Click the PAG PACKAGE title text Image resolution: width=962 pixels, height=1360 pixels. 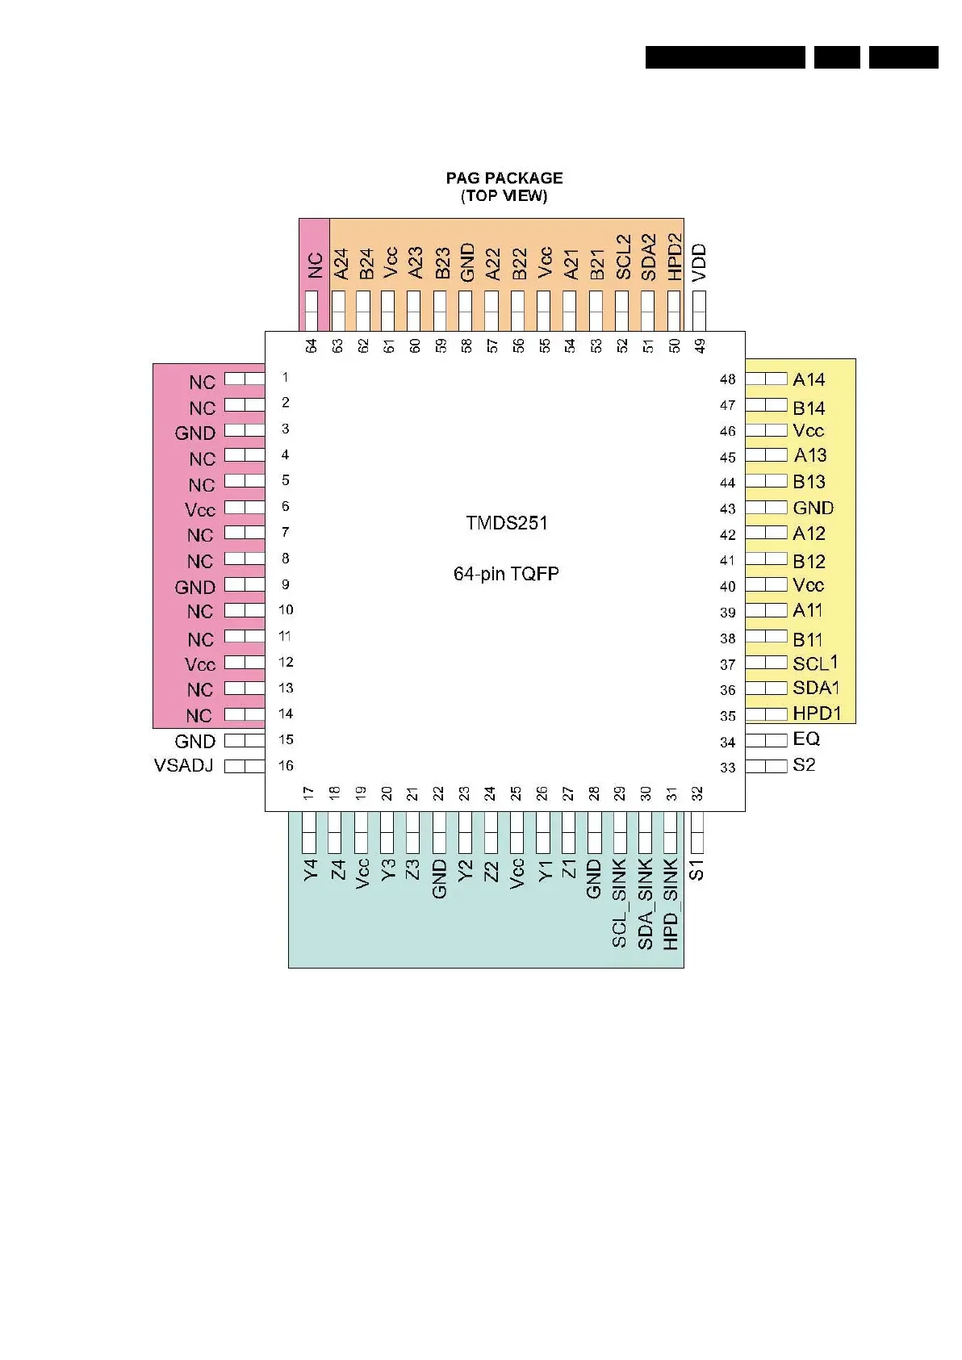tap(504, 178)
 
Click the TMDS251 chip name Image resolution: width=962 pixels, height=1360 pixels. tap(507, 523)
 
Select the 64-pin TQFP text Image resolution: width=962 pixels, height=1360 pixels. tap(506, 574)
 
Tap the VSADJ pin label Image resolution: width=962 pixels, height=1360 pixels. tap(184, 765)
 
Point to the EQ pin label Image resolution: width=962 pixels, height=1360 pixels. tap(806, 739)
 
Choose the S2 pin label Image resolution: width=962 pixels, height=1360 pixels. tap(804, 764)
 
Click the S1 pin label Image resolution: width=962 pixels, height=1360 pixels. tap(696, 870)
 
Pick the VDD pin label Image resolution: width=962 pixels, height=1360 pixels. tap(700, 262)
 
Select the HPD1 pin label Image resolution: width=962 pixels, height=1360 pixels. tap(817, 713)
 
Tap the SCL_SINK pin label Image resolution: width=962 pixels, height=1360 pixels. tap(619, 903)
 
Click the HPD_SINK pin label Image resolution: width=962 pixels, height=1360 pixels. tap(671, 904)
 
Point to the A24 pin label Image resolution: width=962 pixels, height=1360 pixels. tap(341, 264)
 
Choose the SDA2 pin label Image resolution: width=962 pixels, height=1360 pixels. tap(648, 257)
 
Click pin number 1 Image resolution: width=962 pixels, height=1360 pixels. tap(285, 377)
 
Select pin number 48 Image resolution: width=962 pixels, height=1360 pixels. tap(727, 379)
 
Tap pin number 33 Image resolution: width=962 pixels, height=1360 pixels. tap(727, 768)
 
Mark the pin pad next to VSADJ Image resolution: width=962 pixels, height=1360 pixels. tap(245, 766)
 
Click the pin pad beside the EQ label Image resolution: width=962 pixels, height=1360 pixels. tap(766, 739)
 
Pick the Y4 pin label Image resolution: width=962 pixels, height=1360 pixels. tap(310, 870)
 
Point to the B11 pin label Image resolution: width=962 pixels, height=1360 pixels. tap(807, 640)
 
